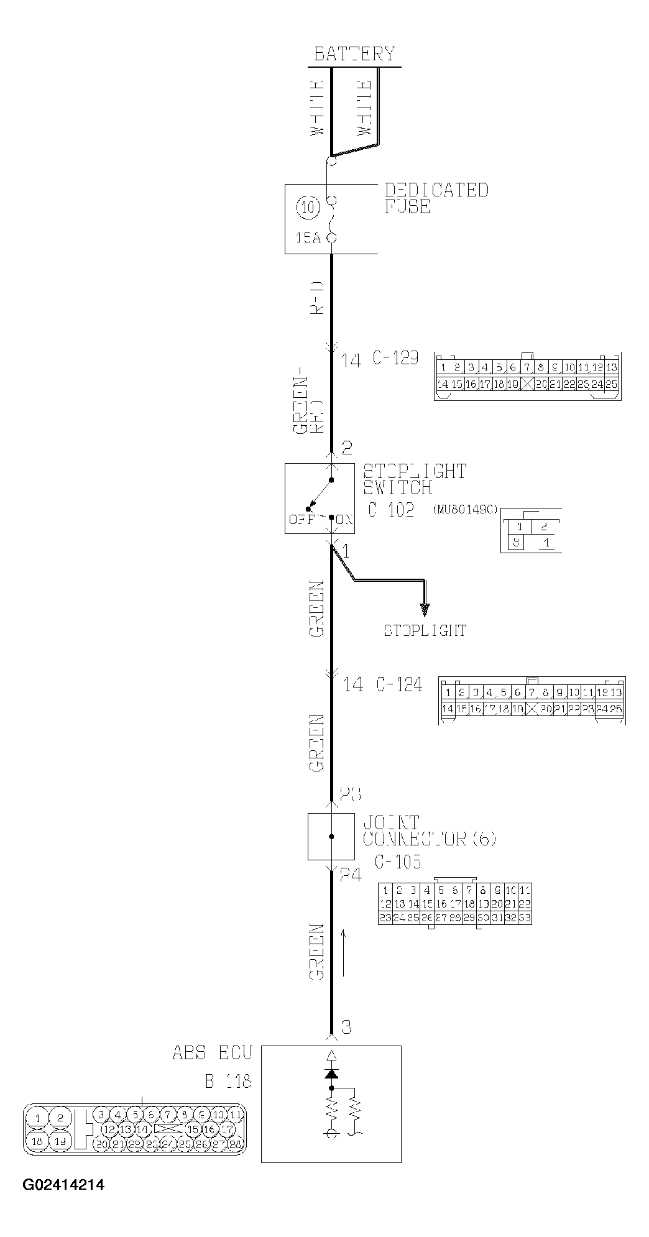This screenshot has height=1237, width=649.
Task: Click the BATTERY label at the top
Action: [354, 54]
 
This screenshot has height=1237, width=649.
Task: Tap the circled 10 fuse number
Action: [308, 206]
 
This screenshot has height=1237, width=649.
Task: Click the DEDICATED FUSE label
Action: [436, 198]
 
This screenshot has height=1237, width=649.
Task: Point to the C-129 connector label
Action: [395, 359]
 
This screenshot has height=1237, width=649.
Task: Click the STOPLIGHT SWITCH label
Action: [415, 479]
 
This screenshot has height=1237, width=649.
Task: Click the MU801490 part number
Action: [465, 509]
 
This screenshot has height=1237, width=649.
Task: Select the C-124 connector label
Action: [399, 684]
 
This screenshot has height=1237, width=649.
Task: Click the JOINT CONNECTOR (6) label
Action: [429, 830]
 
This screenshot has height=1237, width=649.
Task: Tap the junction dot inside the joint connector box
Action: [331, 837]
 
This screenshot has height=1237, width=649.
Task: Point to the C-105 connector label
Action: [398, 862]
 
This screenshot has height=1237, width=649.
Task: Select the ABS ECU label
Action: [213, 1053]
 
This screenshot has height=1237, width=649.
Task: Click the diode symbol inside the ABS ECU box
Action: [331, 1074]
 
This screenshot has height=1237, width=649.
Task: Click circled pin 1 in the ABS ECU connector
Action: [38, 1118]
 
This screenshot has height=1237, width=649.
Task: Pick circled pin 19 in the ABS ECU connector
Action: [60, 1141]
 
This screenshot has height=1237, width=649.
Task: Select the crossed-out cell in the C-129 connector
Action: [528, 384]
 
